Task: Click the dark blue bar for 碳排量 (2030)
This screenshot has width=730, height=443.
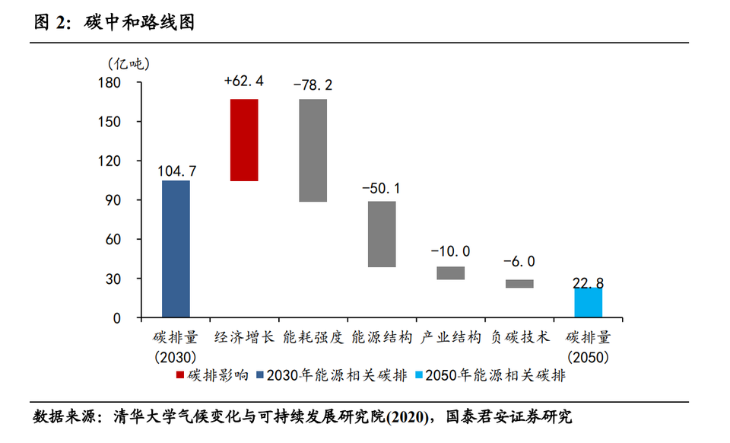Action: pyautogui.click(x=176, y=249)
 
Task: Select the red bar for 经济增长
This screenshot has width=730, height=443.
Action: pyautogui.click(x=244, y=140)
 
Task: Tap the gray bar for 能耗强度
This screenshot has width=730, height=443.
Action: pyautogui.click(x=313, y=150)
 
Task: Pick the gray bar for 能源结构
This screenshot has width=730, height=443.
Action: pyautogui.click(x=381, y=234)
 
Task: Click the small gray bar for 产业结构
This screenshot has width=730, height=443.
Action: pyautogui.click(x=450, y=272)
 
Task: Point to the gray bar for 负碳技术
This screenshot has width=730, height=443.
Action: pyautogui.click(x=519, y=284)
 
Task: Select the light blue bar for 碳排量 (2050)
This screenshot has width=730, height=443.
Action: pyautogui.click(x=589, y=303)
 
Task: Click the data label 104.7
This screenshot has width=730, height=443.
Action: pyautogui.click(x=176, y=171)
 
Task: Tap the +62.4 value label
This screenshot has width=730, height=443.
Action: pyautogui.click(x=244, y=81)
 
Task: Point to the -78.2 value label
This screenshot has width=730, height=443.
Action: pyautogui.click(x=313, y=84)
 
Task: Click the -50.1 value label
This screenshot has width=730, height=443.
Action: pyautogui.click(x=381, y=187)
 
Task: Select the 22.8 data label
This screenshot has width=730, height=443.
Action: pyautogui.click(x=589, y=283)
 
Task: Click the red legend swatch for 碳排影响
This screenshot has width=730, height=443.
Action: pyautogui.click(x=180, y=375)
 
